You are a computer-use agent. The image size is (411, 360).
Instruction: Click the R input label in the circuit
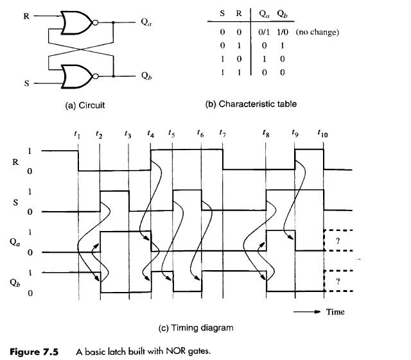point(26,16)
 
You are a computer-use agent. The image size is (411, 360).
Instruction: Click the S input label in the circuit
point(26,83)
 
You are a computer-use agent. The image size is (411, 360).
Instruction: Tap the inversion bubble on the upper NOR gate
point(96,22)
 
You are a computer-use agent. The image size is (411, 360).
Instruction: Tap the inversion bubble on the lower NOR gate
point(96,76)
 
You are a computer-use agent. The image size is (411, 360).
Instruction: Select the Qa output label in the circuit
point(146,22)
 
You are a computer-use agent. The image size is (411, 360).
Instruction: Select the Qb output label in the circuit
point(146,76)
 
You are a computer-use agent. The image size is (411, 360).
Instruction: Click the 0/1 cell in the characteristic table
point(264,32)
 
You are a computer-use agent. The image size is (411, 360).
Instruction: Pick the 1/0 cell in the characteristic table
point(283,32)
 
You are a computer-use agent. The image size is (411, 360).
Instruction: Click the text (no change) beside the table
point(317,32)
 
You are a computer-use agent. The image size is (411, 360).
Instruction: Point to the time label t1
point(77,134)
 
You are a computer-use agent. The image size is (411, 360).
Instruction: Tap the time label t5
point(171,133)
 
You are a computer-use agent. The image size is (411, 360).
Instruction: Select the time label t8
point(266,133)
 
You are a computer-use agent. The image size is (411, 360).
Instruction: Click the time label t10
point(322,133)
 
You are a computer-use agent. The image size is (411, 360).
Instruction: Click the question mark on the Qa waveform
point(338,241)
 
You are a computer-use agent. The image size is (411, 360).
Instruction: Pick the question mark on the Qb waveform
point(338,282)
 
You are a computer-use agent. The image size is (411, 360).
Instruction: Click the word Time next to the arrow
point(335,312)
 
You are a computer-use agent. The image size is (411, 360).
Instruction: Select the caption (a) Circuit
point(85,105)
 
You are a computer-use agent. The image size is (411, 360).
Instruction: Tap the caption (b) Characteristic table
point(251,104)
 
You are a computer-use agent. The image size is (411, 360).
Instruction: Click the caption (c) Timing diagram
point(196,328)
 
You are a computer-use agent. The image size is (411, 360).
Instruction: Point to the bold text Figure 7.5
point(34,352)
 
